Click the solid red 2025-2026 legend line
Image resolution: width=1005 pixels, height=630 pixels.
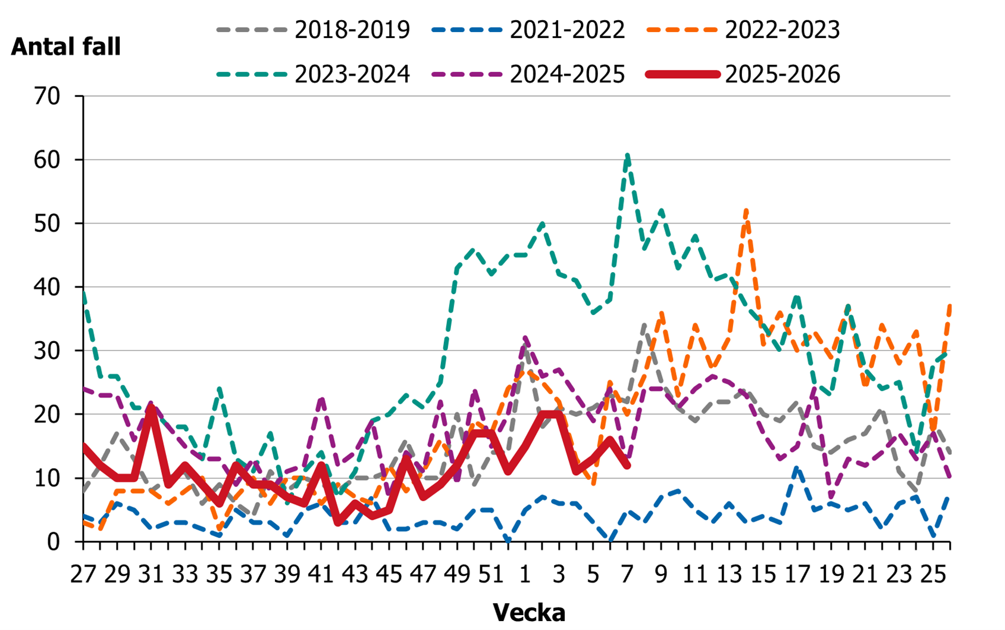point(683,74)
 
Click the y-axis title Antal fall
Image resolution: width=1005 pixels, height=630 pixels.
point(65,46)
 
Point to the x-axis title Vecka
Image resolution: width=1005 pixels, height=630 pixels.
point(529,612)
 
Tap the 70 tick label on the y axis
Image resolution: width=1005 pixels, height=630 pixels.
point(47,96)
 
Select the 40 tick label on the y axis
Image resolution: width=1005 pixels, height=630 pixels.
point(47,287)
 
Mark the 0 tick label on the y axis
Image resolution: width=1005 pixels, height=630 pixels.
point(54,541)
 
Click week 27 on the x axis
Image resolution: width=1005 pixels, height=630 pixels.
point(83,574)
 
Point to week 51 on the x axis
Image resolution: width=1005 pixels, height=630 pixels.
point(491,574)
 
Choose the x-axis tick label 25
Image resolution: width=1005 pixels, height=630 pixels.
point(933,574)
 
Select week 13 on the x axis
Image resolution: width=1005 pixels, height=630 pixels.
point(729,574)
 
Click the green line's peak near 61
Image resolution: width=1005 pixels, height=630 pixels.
point(627,155)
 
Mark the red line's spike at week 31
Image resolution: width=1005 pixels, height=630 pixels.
point(151,408)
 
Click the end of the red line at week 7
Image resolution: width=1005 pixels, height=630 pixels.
point(627,466)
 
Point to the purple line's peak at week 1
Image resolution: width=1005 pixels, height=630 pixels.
point(525,338)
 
